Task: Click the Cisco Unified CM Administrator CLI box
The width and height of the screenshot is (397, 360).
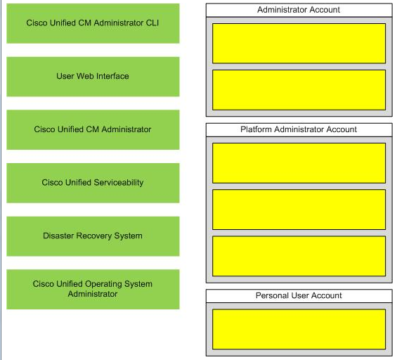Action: [93, 23]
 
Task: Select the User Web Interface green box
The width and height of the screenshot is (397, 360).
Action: [93, 77]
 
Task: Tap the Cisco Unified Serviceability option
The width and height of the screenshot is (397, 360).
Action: [93, 183]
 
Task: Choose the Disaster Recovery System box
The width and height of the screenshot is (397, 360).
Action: [93, 236]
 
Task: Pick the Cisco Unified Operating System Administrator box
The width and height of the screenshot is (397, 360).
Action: [93, 289]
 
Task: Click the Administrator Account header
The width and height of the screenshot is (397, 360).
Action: [299, 10]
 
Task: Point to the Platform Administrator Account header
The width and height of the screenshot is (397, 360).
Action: [299, 130]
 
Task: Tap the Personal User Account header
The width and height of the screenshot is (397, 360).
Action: [299, 296]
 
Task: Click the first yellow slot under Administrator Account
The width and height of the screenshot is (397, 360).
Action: [299, 44]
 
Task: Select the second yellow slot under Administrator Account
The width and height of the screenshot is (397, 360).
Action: [299, 90]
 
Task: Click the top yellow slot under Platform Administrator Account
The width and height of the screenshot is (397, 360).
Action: [299, 163]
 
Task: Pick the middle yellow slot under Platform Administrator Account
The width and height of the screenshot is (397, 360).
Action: [299, 210]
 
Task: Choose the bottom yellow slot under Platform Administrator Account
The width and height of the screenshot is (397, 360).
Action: [299, 256]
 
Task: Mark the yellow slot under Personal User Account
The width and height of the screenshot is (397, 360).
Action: [299, 329]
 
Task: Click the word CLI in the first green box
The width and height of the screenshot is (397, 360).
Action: [152, 22]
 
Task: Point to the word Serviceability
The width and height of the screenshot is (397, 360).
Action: [118, 183]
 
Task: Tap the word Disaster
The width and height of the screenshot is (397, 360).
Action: [58, 236]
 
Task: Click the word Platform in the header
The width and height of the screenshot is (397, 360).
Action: [256, 129]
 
